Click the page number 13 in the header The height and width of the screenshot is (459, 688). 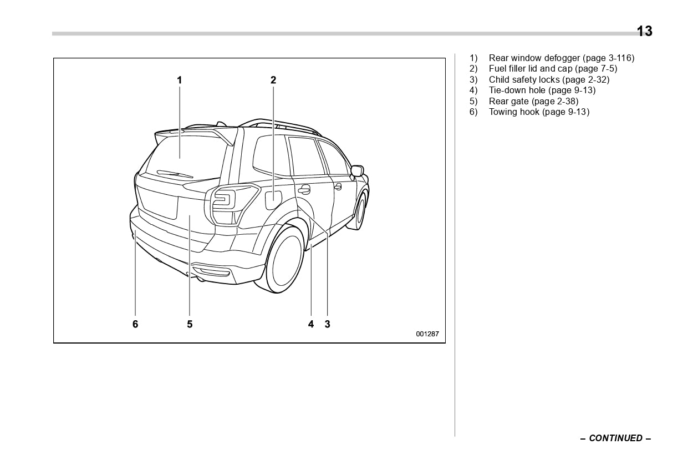point(644,32)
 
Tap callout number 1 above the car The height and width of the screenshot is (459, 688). point(179,80)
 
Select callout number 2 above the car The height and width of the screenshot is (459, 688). point(273,80)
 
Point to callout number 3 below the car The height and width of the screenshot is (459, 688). point(327,324)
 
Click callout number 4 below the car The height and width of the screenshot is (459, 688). point(311,324)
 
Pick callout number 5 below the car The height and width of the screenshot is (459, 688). point(190,324)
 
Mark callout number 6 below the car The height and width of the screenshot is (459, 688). point(135,324)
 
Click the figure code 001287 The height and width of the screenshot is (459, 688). point(427,334)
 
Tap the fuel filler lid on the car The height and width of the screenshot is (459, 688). point(274,200)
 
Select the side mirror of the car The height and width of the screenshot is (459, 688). point(358,171)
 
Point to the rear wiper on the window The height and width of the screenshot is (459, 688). point(175,174)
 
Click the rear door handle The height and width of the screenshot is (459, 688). point(303,190)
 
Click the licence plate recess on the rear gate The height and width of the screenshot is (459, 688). point(159,203)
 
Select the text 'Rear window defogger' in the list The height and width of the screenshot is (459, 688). point(534,58)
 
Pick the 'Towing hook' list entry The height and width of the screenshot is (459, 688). point(514,112)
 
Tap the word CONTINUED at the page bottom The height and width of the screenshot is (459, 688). point(615,438)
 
